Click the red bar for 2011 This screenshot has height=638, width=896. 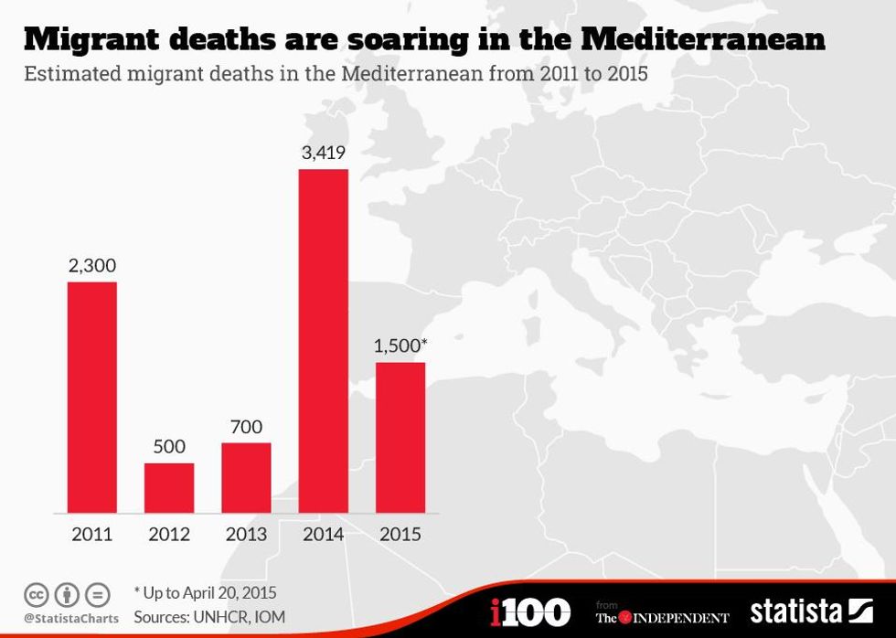pyautogui.click(x=92, y=397)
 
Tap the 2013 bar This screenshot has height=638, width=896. pyautogui.click(x=246, y=477)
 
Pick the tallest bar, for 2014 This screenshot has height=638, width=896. pyautogui.click(x=324, y=340)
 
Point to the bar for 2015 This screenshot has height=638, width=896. pyautogui.click(x=400, y=437)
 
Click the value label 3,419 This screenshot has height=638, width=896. pyautogui.click(x=324, y=152)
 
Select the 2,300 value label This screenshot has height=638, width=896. pyautogui.click(x=92, y=265)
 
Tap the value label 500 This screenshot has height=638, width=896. pyautogui.click(x=169, y=447)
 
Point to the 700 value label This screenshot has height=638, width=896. pyautogui.click(x=246, y=427)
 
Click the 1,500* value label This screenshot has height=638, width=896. pyautogui.click(x=401, y=346)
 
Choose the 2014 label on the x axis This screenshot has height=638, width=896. pyautogui.click(x=324, y=535)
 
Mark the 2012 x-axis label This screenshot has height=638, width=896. pyautogui.click(x=169, y=535)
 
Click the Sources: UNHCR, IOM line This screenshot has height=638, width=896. pyautogui.click(x=209, y=617)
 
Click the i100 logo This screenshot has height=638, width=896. pyautogui.click(x=530, y=611)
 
